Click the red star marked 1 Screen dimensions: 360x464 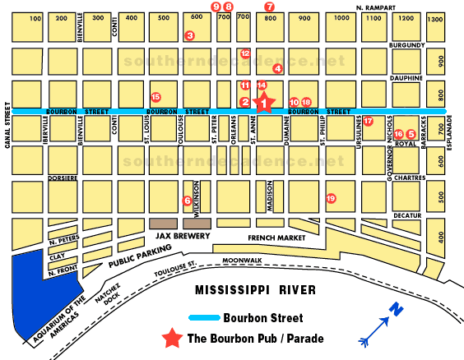coord(264,102)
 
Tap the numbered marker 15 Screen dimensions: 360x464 coord(156,97)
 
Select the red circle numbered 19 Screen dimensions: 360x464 coord(331,198)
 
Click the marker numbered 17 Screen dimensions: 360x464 coord(368,121)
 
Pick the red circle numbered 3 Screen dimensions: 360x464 coord(189,35)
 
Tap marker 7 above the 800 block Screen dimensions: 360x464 coord(268,6)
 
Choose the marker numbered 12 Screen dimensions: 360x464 coord(245,53)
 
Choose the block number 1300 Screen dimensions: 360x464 coord(435,18)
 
